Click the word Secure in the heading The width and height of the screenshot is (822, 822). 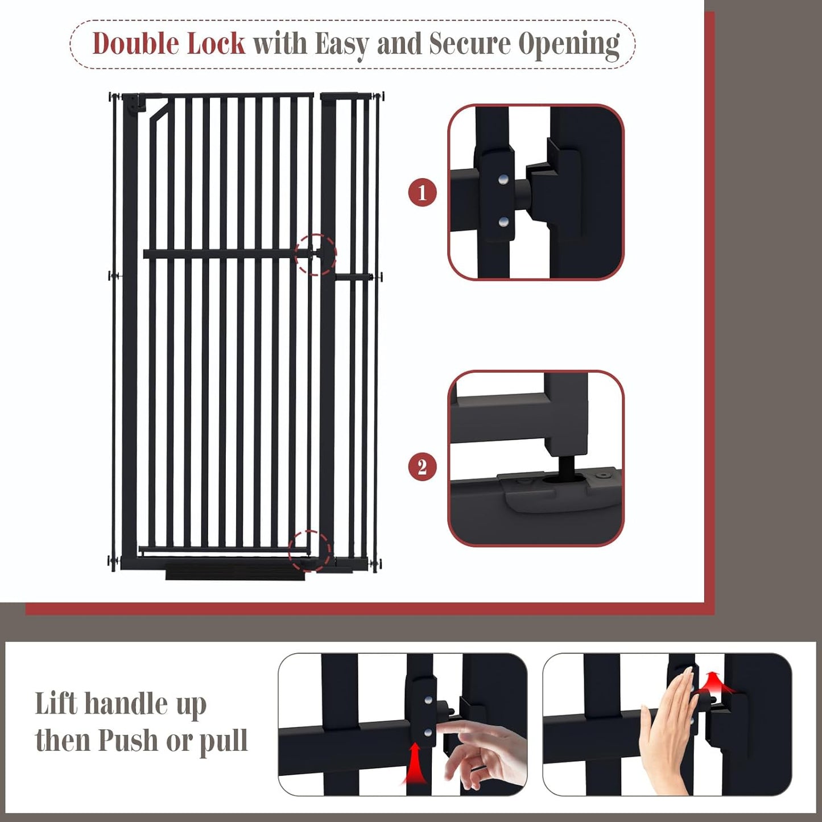(x=470, y=44)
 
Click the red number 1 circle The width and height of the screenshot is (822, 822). (x=422, y=192)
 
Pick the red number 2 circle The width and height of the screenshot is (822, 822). (x=422, y=467)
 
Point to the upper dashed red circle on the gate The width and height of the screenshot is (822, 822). (x=316, y=254)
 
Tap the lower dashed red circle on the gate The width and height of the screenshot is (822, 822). (x=310, y=551)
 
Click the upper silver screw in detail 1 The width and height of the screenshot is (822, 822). (x=503, y=180)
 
